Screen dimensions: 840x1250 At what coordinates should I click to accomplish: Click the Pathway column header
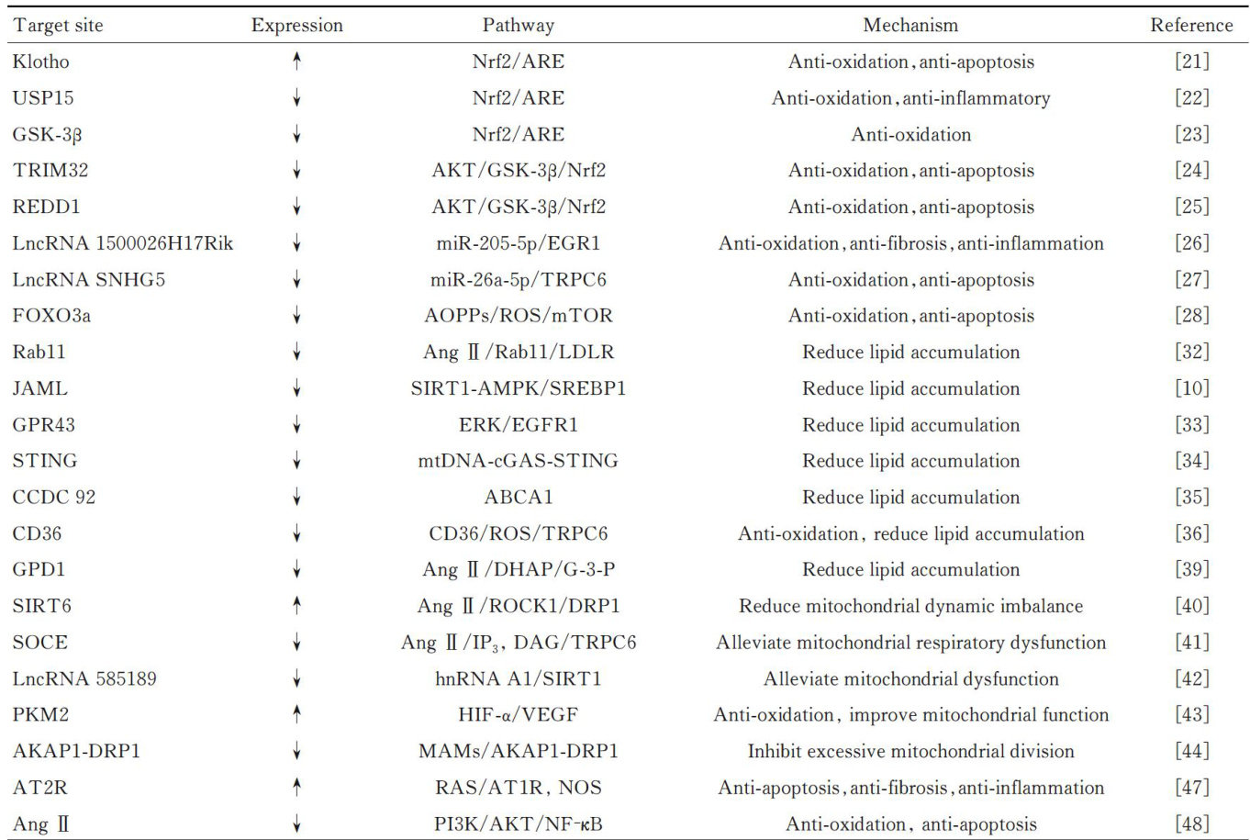(518, 26)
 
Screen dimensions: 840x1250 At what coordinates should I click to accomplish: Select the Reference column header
(1191, 26)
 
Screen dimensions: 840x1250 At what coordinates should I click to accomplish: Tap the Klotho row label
(41, 62)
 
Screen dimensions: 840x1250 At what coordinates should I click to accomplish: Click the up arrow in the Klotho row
(296, 62)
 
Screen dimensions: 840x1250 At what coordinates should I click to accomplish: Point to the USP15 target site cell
(44, 98)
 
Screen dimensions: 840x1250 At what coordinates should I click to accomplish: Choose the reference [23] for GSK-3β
(1192, 134)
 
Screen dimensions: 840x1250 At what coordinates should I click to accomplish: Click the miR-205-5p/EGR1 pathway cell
(518, 243)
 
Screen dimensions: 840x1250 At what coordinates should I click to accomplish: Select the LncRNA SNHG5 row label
(89, 280)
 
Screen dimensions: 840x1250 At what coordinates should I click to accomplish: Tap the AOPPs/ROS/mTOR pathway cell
(518, 316)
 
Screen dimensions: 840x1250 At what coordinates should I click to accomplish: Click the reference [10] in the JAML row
(1192, 388)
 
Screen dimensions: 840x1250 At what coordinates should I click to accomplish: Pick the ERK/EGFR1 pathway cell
(518, 425)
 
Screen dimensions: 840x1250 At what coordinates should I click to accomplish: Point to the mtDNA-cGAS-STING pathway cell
(518, 461)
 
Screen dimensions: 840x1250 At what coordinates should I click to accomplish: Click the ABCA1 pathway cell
(518, 498)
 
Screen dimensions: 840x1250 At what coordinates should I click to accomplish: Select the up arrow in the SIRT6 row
(296, 606)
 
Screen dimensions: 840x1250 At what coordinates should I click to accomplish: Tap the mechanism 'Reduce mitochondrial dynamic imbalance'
(910, 606)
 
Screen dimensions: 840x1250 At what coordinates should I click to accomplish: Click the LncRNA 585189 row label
(84, 679)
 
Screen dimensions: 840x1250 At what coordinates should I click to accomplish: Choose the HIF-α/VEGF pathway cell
(518, 715)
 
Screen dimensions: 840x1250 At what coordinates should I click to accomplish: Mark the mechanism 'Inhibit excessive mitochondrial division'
(910, 752)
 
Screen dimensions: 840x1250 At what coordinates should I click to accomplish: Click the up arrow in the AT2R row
(296, 788)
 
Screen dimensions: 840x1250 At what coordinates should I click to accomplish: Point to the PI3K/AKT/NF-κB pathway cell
(518, 824)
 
